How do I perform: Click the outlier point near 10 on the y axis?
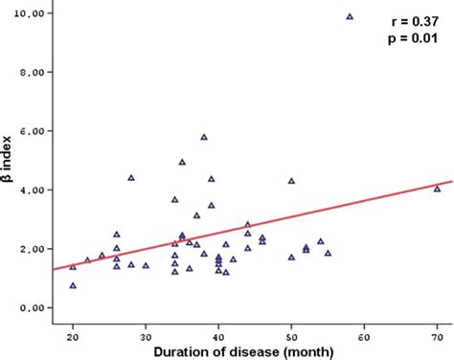[x=350, y=16]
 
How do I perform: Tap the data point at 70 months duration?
[x=437, y=189]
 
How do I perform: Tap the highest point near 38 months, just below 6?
[x=204, y=137]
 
